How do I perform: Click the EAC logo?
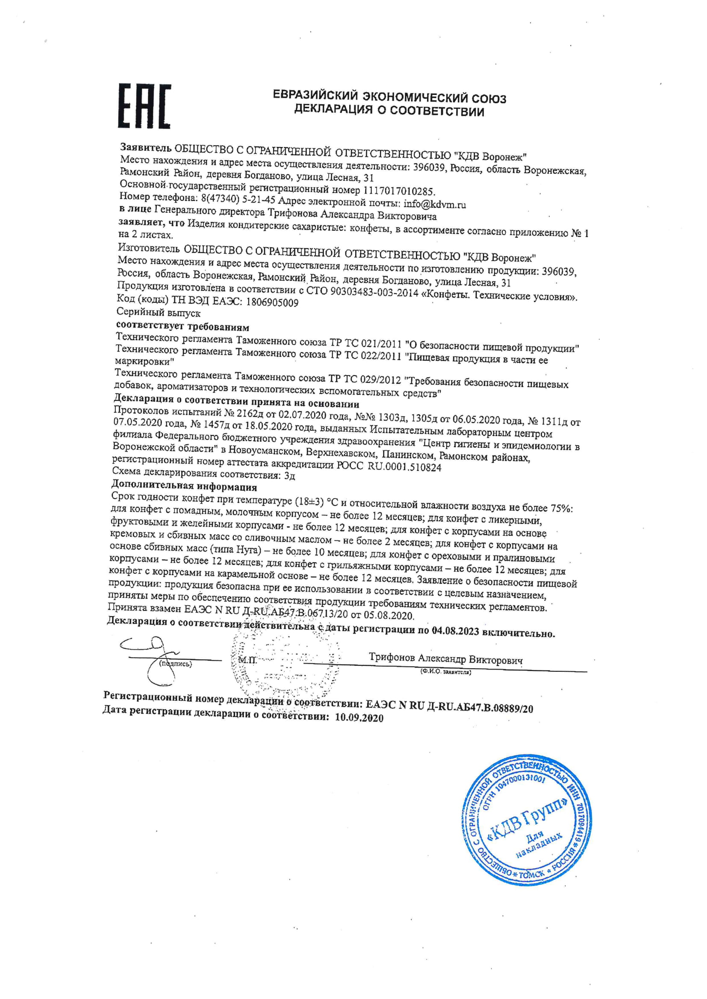145,106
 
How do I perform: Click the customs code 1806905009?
272,303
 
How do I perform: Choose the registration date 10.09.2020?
359,717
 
